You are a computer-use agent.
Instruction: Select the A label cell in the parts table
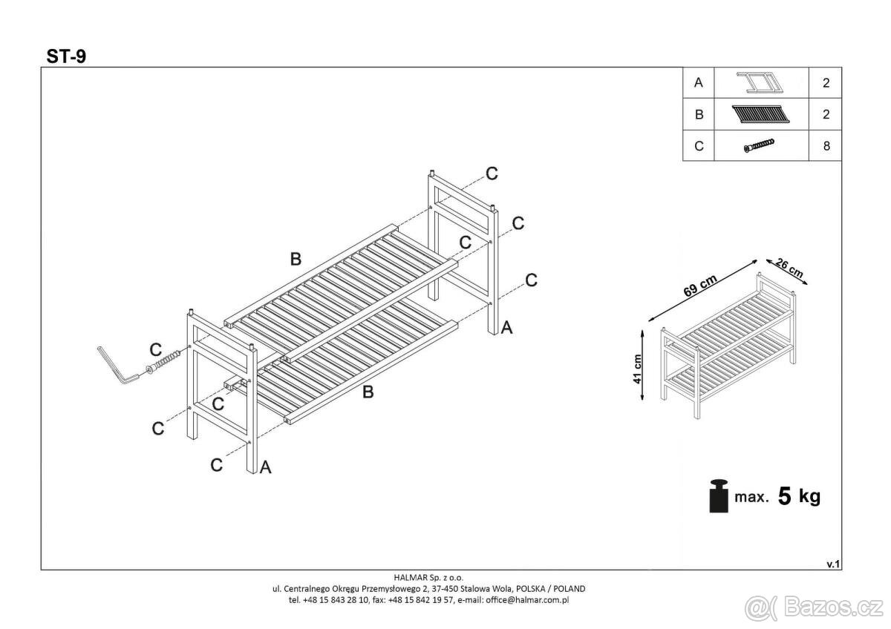pos(698,83)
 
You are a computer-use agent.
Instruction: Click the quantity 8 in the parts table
pos(826,146)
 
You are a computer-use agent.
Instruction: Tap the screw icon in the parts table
pos(759,146)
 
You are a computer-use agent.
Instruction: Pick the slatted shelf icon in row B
pos(760,114)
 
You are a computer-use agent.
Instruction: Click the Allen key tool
pos(117,365)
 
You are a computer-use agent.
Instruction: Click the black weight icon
pos(718,496)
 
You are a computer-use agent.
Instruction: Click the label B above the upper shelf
pos(296,259)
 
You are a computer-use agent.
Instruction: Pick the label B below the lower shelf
pos(368,392)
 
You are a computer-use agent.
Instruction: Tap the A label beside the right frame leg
pos(506,326)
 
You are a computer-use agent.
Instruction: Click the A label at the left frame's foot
pos(265,467)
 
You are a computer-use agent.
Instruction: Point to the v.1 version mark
pos(832,564)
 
